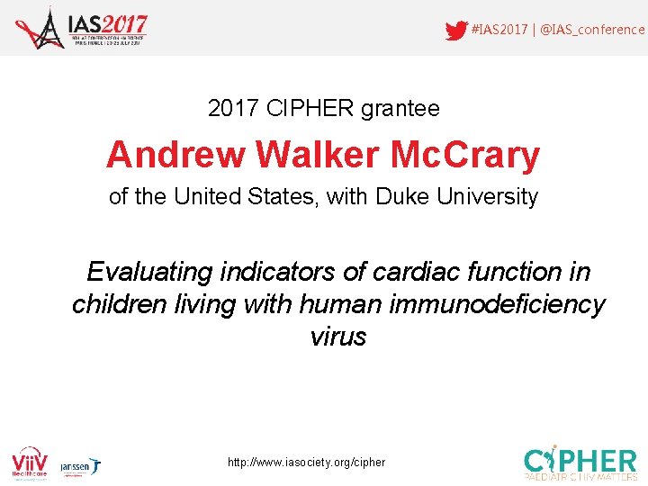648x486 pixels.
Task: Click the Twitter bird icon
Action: [x=456, y=30]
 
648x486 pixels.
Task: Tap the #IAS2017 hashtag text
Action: [x=499, y=30]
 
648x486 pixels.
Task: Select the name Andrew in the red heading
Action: [x=175, y=156]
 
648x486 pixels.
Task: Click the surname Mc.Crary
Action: [x=465, y=156]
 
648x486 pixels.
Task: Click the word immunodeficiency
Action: [x=497, y=304]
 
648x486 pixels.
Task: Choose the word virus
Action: [x=337, y=337]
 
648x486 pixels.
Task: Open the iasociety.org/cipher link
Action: [x=306, y=462]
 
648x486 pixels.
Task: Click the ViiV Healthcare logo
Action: [x=30, y=461]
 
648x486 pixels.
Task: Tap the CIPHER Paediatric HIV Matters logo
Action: [x=581, y=461]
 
